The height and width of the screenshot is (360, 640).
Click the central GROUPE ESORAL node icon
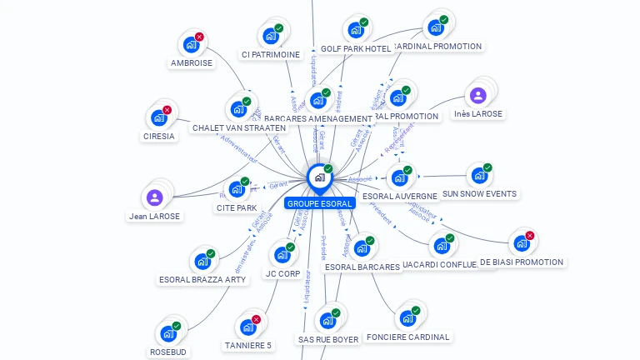tap(319, 177)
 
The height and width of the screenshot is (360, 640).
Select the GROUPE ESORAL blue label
tap(320, 203)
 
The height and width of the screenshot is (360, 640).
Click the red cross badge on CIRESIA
tap(167, 110)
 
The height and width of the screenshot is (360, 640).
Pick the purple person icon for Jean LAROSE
tap(154, 197)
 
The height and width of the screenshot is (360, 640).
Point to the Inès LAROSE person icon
tap(477, 95)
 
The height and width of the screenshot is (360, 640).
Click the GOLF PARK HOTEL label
tap(356, 49)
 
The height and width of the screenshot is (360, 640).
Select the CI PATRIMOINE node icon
tap(270, 36)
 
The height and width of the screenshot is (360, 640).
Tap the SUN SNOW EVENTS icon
tap(478, 176)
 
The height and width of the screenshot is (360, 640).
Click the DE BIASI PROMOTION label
tap(522, 262)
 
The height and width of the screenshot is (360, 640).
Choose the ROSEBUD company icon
tap(168, 333)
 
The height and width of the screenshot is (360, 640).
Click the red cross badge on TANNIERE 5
tap(256, 320)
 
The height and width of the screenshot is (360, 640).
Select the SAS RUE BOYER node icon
tap(327, 321)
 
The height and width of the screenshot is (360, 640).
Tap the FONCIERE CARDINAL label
tap(407, 337)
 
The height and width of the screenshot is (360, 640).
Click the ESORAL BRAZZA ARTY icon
tap(202, 262)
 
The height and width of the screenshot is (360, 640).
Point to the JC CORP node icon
tap(282, 255)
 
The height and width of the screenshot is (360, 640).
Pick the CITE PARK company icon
tap(236, 189)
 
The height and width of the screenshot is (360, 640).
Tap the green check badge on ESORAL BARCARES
tap(370, 241)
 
